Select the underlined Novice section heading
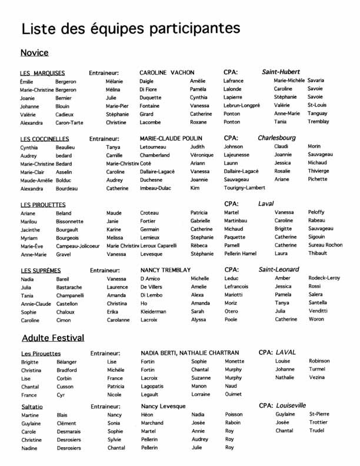[34, 53]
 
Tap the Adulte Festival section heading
[53, 338]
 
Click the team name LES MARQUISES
[42, 73]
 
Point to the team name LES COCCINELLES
[45, 139]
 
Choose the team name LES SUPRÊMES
[41, 270]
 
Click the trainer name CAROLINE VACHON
[166, 72]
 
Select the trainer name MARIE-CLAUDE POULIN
[171, 138]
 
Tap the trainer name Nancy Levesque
[163, 406]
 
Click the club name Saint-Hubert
[281, 72]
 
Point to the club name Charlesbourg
[276, 138]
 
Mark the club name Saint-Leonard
[279, 269]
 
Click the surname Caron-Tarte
[70, 123]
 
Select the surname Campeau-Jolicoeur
[78, 246]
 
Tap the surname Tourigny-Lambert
[244, 188]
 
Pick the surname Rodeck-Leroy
[324, 278]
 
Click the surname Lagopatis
[154, 386]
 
